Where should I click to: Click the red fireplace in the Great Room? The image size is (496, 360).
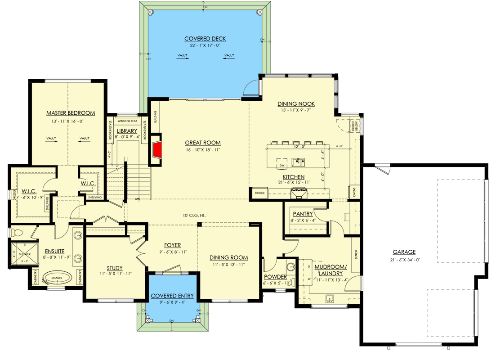157,150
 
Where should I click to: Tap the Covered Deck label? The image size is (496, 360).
205,39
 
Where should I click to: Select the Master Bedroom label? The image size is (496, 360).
71,112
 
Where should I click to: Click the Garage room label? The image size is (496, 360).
403,252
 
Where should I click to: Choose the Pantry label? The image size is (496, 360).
303,214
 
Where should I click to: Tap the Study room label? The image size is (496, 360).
115,268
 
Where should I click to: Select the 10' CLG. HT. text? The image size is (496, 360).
195,215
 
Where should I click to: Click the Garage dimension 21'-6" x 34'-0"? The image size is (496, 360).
403,260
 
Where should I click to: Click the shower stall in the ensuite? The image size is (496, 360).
19,254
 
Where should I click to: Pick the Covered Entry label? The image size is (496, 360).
172,296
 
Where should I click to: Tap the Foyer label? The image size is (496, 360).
172,245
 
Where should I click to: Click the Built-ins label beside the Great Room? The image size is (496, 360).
156,117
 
